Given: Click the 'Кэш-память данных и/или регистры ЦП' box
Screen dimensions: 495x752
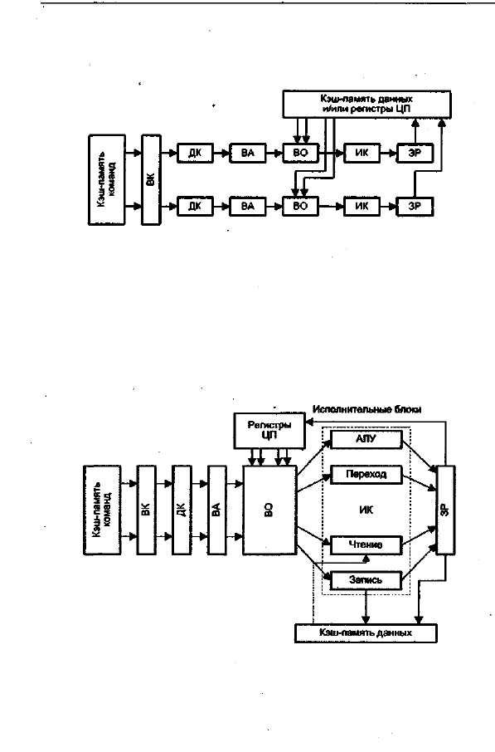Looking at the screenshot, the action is pyautogui.click(x=366, y=104).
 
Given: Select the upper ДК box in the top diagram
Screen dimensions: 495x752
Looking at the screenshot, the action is pyautogui.click(x=195, y=154).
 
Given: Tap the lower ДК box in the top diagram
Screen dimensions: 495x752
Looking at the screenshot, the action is pyautogui.click(x=195, y=206).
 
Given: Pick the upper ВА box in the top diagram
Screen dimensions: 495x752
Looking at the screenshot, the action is pyautogui.click(x=248, y=154).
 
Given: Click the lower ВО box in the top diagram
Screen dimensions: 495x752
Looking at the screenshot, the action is pyautogui.click(x=300, y=206).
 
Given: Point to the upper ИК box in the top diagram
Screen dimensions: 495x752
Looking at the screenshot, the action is pyautogui.click(x=362, y=154).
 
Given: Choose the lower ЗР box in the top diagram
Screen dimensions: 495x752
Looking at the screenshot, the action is pyautogui.click(x=415, y=206).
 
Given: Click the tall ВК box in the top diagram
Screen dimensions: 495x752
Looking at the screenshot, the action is pyautogui.click(x=152, y=180).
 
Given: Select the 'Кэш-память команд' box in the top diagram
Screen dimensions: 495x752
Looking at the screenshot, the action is pyautogui.click(x=107, y=180).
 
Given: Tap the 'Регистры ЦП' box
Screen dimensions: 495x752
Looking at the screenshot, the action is pyautogui.click(x=269, y=430).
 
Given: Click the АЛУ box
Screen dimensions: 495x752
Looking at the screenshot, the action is pyautogui.click(x=366, y=439).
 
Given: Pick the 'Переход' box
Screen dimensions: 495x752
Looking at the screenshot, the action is pyautogui.click(x=366, y=475).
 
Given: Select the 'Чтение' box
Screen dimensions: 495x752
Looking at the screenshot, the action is pyautogui.click(x=366, y=545).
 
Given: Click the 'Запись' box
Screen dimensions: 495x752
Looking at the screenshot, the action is pyautogui.click(x=366, y=580).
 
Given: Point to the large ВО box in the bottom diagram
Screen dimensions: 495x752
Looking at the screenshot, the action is pyautogui.click(x=269, y=510).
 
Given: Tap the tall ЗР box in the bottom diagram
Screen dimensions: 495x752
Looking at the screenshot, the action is pyautogui.click(x=445, y=510).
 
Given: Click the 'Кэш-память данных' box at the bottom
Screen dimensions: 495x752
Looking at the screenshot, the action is pyautogui.click(x=366, y=633).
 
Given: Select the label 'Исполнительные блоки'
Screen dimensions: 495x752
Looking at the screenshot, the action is pyautogui.click(x=367, y=409).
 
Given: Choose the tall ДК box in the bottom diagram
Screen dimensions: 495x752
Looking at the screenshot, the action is pyautogui.click(x=182, y=510).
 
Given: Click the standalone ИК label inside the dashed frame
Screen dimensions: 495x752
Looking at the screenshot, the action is pyautogui.click(x=366, y=510).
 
